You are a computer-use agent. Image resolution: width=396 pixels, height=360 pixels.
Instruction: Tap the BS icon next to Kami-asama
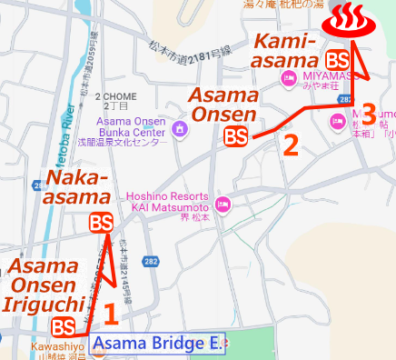(x=338, y=59)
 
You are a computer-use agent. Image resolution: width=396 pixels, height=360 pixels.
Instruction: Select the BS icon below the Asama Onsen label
(x=235, y=136)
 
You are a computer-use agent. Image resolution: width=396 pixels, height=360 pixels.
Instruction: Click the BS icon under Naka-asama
(x=102, y=222)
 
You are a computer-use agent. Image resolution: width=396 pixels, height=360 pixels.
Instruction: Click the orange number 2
(x=291, y=144)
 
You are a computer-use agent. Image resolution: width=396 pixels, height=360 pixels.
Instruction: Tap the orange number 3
(x=368, y=115)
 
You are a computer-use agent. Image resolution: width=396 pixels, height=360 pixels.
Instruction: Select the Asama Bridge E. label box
(x=156, y=344)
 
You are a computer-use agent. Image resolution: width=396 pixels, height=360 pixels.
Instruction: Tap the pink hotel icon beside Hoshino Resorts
(x=223, y=199)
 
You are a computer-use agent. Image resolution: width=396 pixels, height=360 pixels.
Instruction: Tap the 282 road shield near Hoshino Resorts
(x=151, y=262)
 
